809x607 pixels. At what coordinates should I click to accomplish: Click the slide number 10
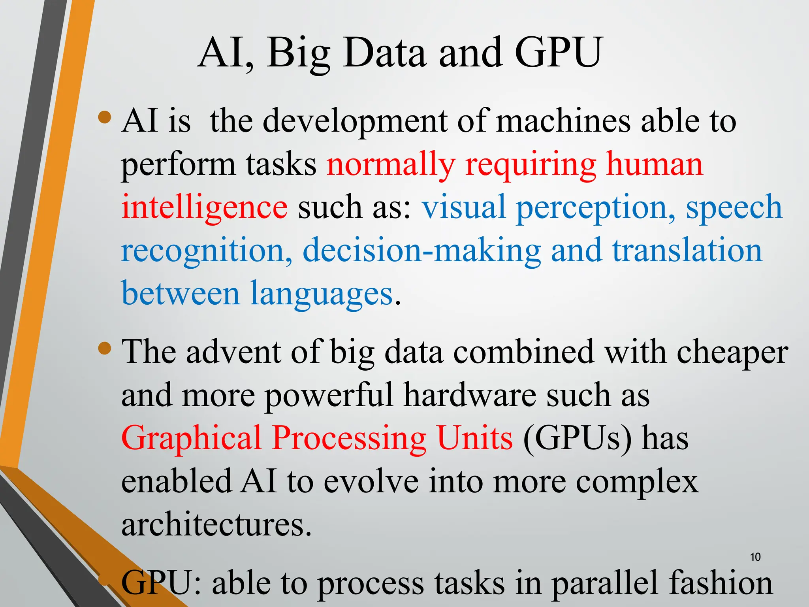pos(755,557)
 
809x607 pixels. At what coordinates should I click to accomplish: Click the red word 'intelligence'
pos(204,207)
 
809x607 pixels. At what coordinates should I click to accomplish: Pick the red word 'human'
pos(654,164)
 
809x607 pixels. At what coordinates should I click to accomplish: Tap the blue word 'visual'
pos(464,207)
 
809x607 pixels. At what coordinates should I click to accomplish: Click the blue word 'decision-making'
pos(421,251)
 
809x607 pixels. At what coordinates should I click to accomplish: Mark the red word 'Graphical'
pos(191,439)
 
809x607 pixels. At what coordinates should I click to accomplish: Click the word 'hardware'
pos(470,395)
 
